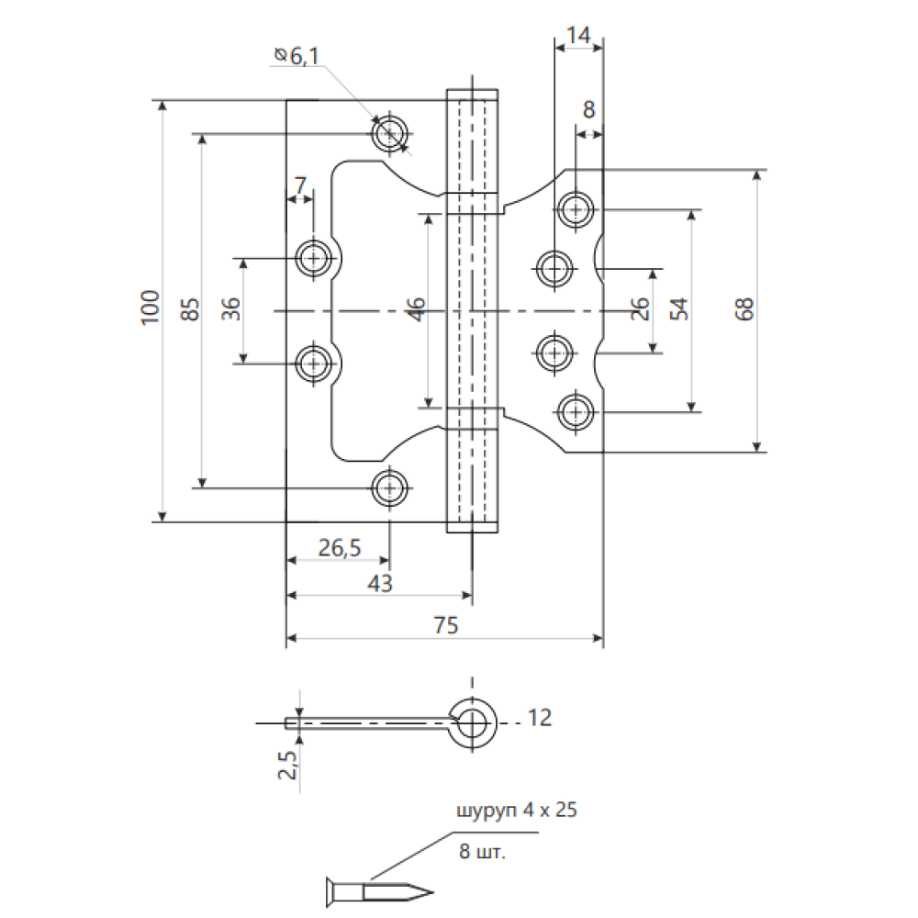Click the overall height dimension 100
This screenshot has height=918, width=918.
click(151, 308)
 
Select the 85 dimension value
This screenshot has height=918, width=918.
click(190, 308)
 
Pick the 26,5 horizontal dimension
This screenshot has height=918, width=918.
click(340, 548)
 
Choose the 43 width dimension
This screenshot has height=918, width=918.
click(379, 583)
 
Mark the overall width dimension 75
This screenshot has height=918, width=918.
click(445, 625)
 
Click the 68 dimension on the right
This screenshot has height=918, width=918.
click(743, 309)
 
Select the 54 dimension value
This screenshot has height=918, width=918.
click(678, 309)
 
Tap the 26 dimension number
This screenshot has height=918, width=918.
click(641, 309)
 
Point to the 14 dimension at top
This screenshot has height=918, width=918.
click(578, 36)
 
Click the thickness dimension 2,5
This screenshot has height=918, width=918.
click(285, 763)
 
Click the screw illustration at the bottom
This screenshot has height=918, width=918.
click(377, 890)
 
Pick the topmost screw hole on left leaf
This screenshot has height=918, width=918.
click(390, 133)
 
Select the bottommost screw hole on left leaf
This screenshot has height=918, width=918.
click(390, 486)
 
